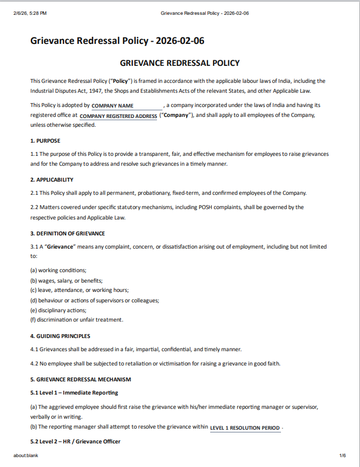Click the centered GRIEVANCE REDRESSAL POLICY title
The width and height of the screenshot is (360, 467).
point(179,63)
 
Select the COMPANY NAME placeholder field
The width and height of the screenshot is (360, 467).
point(113,105)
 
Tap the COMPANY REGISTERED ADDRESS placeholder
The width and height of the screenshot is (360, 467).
point(118,116)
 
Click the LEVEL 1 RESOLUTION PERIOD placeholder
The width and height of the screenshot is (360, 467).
point(245,427)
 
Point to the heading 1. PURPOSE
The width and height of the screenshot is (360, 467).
point(45,141)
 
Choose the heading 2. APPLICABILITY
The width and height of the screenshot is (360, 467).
point(52,179)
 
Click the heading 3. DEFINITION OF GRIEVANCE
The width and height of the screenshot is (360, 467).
point(67,233)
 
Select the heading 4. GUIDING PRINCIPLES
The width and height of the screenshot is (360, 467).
point(60,336)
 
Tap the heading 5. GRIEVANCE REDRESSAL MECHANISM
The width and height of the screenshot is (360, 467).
point(80,379)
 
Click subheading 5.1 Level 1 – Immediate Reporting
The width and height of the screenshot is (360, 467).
point(74,393)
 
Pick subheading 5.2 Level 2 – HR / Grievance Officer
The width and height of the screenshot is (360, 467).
point(75,442)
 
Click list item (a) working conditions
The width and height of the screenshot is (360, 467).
point(58,271)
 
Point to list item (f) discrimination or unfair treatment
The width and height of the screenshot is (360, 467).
point(76,320)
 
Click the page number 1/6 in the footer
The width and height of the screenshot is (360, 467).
point(342,455)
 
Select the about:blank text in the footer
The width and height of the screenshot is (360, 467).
point(26,455)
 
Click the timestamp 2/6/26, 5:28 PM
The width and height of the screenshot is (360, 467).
point(30,13)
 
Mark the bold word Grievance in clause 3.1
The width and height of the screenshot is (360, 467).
point(60,247)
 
